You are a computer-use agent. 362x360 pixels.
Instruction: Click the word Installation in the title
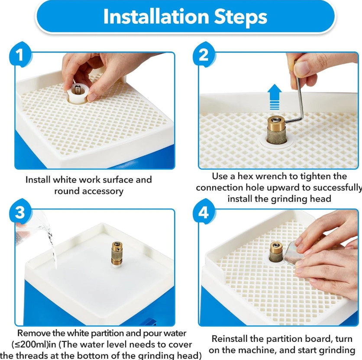(156, 16)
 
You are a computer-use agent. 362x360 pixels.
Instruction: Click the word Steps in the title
(241, 17)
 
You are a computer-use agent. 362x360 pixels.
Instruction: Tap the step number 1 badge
(20, 55)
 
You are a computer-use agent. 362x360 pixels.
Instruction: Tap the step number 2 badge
(204, 55)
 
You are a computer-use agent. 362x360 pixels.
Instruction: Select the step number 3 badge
(20, 212)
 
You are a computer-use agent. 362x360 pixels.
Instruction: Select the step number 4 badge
(204, 212)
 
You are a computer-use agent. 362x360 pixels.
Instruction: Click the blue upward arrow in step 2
(274, 96)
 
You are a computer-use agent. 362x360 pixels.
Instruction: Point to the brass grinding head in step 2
(277, 130)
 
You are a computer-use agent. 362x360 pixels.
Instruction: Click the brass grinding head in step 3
(117, 254)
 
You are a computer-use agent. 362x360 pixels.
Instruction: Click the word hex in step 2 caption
(246, 176)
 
